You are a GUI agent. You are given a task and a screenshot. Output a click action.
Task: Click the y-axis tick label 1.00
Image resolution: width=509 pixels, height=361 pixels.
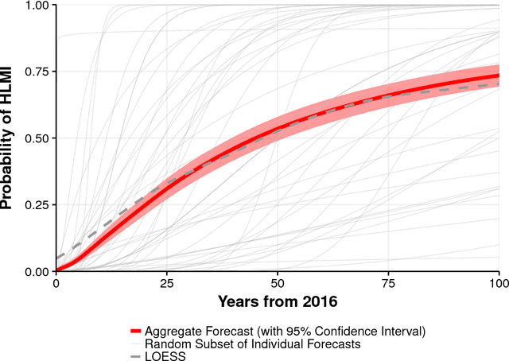tap(35, 6)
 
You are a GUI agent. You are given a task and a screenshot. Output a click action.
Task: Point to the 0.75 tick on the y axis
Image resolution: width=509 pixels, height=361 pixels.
tap(35, 72)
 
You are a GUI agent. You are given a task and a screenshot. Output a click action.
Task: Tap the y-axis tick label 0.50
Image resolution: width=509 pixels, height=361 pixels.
tap(35, 138)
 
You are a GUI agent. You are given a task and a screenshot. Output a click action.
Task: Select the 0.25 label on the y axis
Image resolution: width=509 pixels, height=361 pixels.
tap(35, 205)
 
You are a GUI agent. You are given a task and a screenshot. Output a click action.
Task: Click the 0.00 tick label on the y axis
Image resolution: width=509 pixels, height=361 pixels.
tap(35, 272)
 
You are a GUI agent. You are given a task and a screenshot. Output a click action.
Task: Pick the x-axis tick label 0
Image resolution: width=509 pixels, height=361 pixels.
tap(56, 284)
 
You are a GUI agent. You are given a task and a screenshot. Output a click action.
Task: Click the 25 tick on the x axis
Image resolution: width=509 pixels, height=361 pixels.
tap(166, 284)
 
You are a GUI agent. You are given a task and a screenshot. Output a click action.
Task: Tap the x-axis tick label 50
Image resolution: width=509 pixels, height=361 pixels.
tap(278, 284)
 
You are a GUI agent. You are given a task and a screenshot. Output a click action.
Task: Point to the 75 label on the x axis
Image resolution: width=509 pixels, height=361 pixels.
tap(388, 284)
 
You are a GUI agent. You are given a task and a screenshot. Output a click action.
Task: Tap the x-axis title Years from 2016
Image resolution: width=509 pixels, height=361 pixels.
tap(277, 302)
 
